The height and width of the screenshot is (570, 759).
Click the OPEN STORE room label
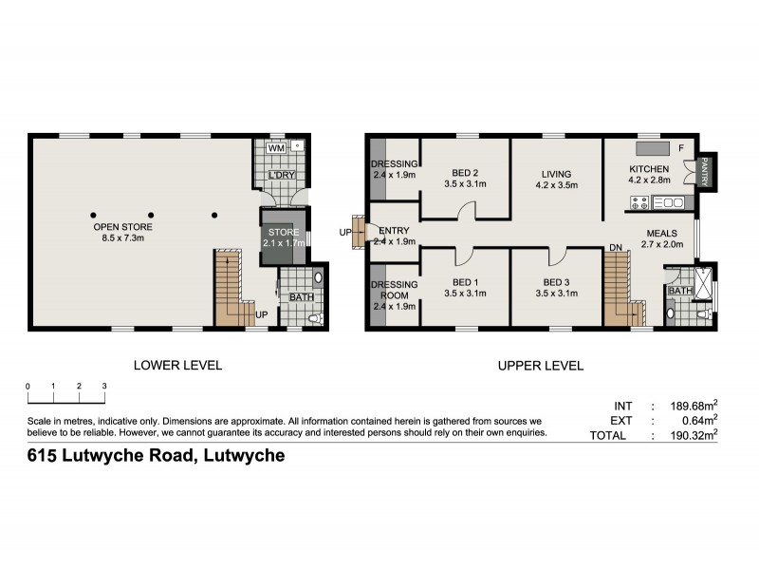tap(122, 228)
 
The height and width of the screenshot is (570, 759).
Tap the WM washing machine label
tap(276, 148)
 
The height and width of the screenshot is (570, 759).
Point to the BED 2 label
tap(464, 173)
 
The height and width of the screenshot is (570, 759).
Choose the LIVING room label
tap(557, 174)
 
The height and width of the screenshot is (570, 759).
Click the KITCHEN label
tap(650, 170)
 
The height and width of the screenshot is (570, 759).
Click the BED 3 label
tap(557, 281)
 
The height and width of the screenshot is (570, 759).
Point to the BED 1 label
tap(464, 281)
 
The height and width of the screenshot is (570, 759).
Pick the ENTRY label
tap(394, 231)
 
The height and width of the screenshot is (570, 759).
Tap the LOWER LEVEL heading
tap(177, 365)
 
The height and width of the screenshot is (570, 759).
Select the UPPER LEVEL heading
tap(541, 365)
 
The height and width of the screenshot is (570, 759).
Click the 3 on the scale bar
tap(103, 386)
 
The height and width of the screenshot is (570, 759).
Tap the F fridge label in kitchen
tap(680, 148)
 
